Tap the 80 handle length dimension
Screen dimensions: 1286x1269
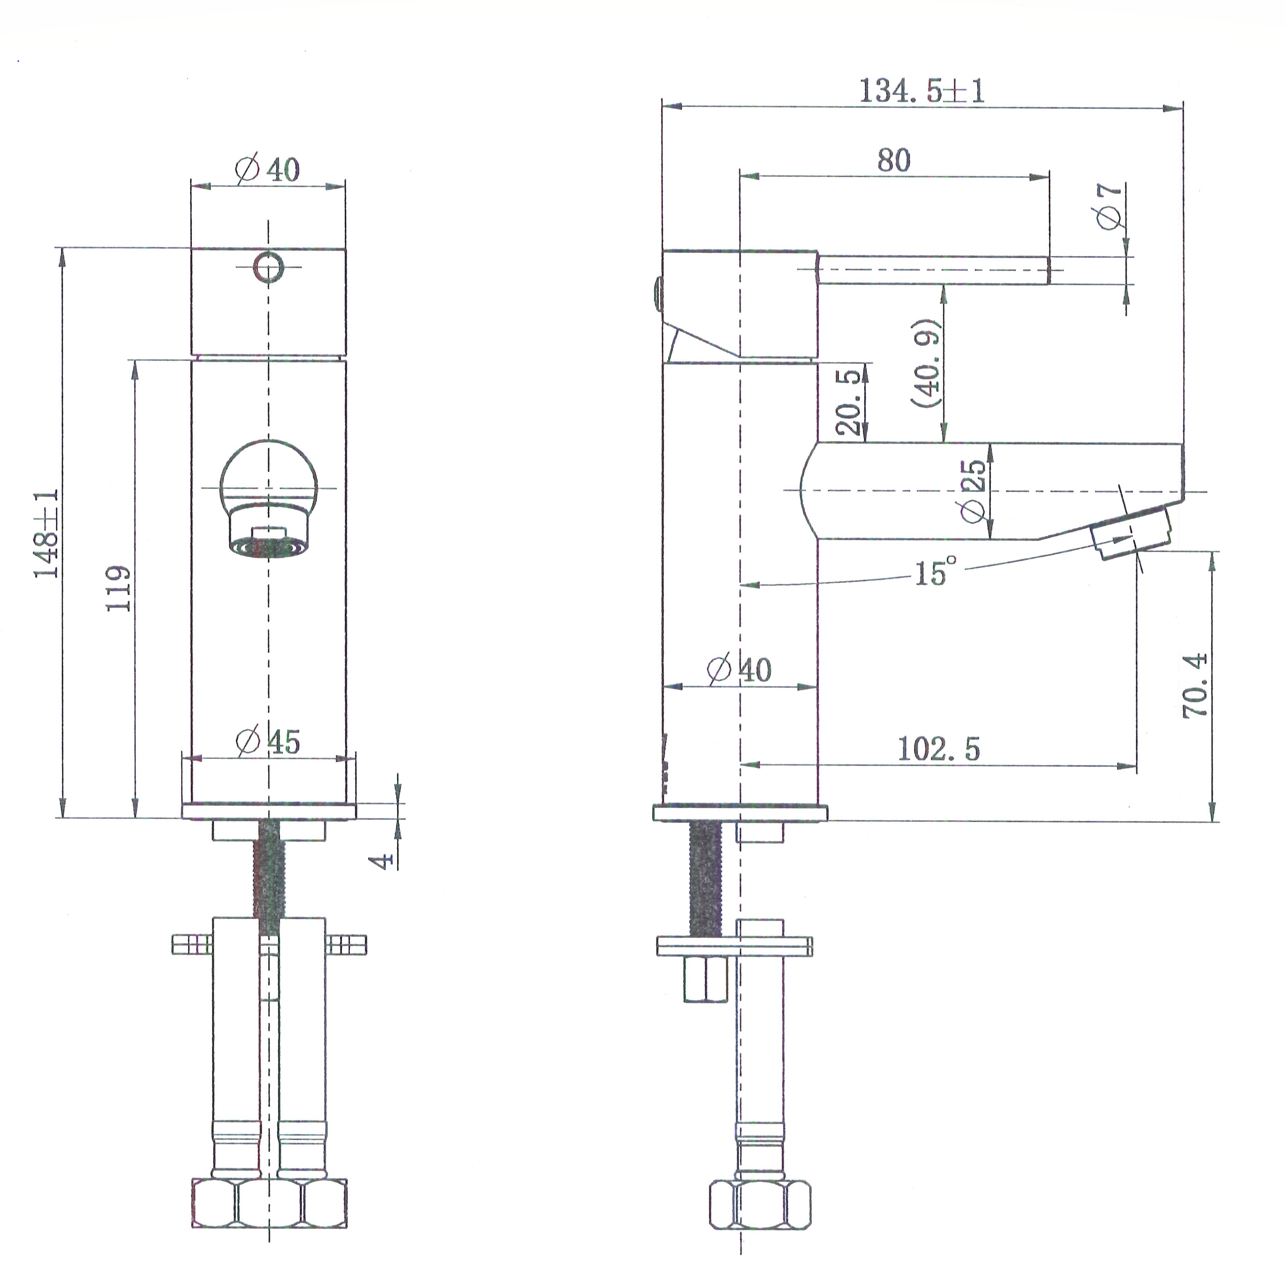(x=893, y=160)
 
